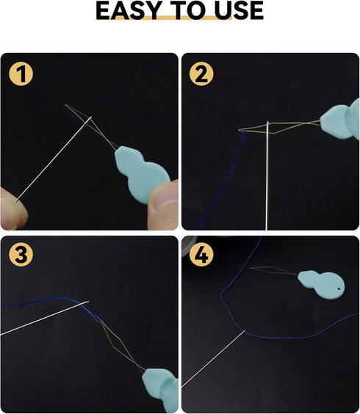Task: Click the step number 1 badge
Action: [x=21, y=74]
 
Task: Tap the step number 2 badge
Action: [x=201, y=74]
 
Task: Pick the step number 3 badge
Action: [x=21, y=255]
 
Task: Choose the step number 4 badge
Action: [x=201, y=255]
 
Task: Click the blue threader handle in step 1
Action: [x=140, y=173]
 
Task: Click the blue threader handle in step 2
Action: [x=341, y=119]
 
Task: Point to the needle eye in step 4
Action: [x=244, y=332]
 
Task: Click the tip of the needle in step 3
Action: [x=89, y=302]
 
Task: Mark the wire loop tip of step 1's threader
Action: [x=65, y=105]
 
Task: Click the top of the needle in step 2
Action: [x=268, y=122]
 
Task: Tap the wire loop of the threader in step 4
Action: [x=273, y=270]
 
